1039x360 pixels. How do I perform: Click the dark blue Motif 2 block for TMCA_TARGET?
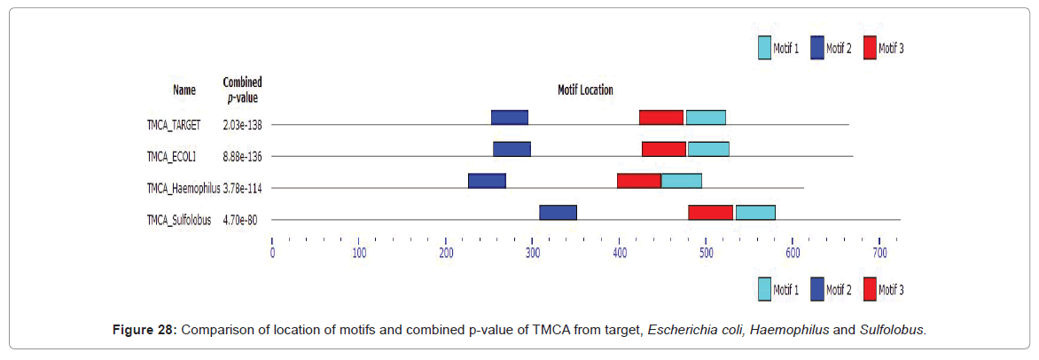click(510, 118)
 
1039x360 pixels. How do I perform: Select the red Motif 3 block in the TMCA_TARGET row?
click(661, 118)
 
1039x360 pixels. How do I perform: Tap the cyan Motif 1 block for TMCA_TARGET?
click(706, 118)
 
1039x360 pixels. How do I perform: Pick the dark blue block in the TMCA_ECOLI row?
click(512, 149)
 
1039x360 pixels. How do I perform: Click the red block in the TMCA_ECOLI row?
click(664, 149)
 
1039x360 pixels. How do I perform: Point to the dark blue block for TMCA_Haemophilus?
click(487, 181)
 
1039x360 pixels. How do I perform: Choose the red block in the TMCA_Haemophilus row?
click(639, 181)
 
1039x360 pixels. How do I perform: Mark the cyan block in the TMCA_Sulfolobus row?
click(755, 213)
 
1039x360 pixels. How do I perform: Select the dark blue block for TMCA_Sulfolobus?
click(558, 213)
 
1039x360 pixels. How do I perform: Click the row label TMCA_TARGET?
click(175, 125)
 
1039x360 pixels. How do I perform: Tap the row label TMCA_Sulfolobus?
click(180, 220)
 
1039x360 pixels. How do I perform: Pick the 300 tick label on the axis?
click(532, 253)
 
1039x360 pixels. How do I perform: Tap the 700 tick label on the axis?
click(879, 253)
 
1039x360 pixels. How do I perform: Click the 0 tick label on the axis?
click(272, 253)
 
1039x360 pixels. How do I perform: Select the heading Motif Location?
click(584, 90)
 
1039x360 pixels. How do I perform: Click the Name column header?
click(184, 90)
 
